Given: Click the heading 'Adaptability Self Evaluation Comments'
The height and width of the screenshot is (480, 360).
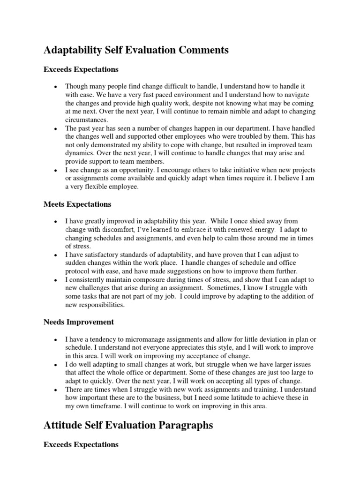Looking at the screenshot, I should pos(136,50).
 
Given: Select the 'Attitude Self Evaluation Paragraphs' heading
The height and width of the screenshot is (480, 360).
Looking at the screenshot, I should pos(128,425).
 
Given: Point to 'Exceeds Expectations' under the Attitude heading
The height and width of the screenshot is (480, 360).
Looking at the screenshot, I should pos(81,444).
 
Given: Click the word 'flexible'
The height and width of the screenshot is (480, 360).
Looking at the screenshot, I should pos(98,186).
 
